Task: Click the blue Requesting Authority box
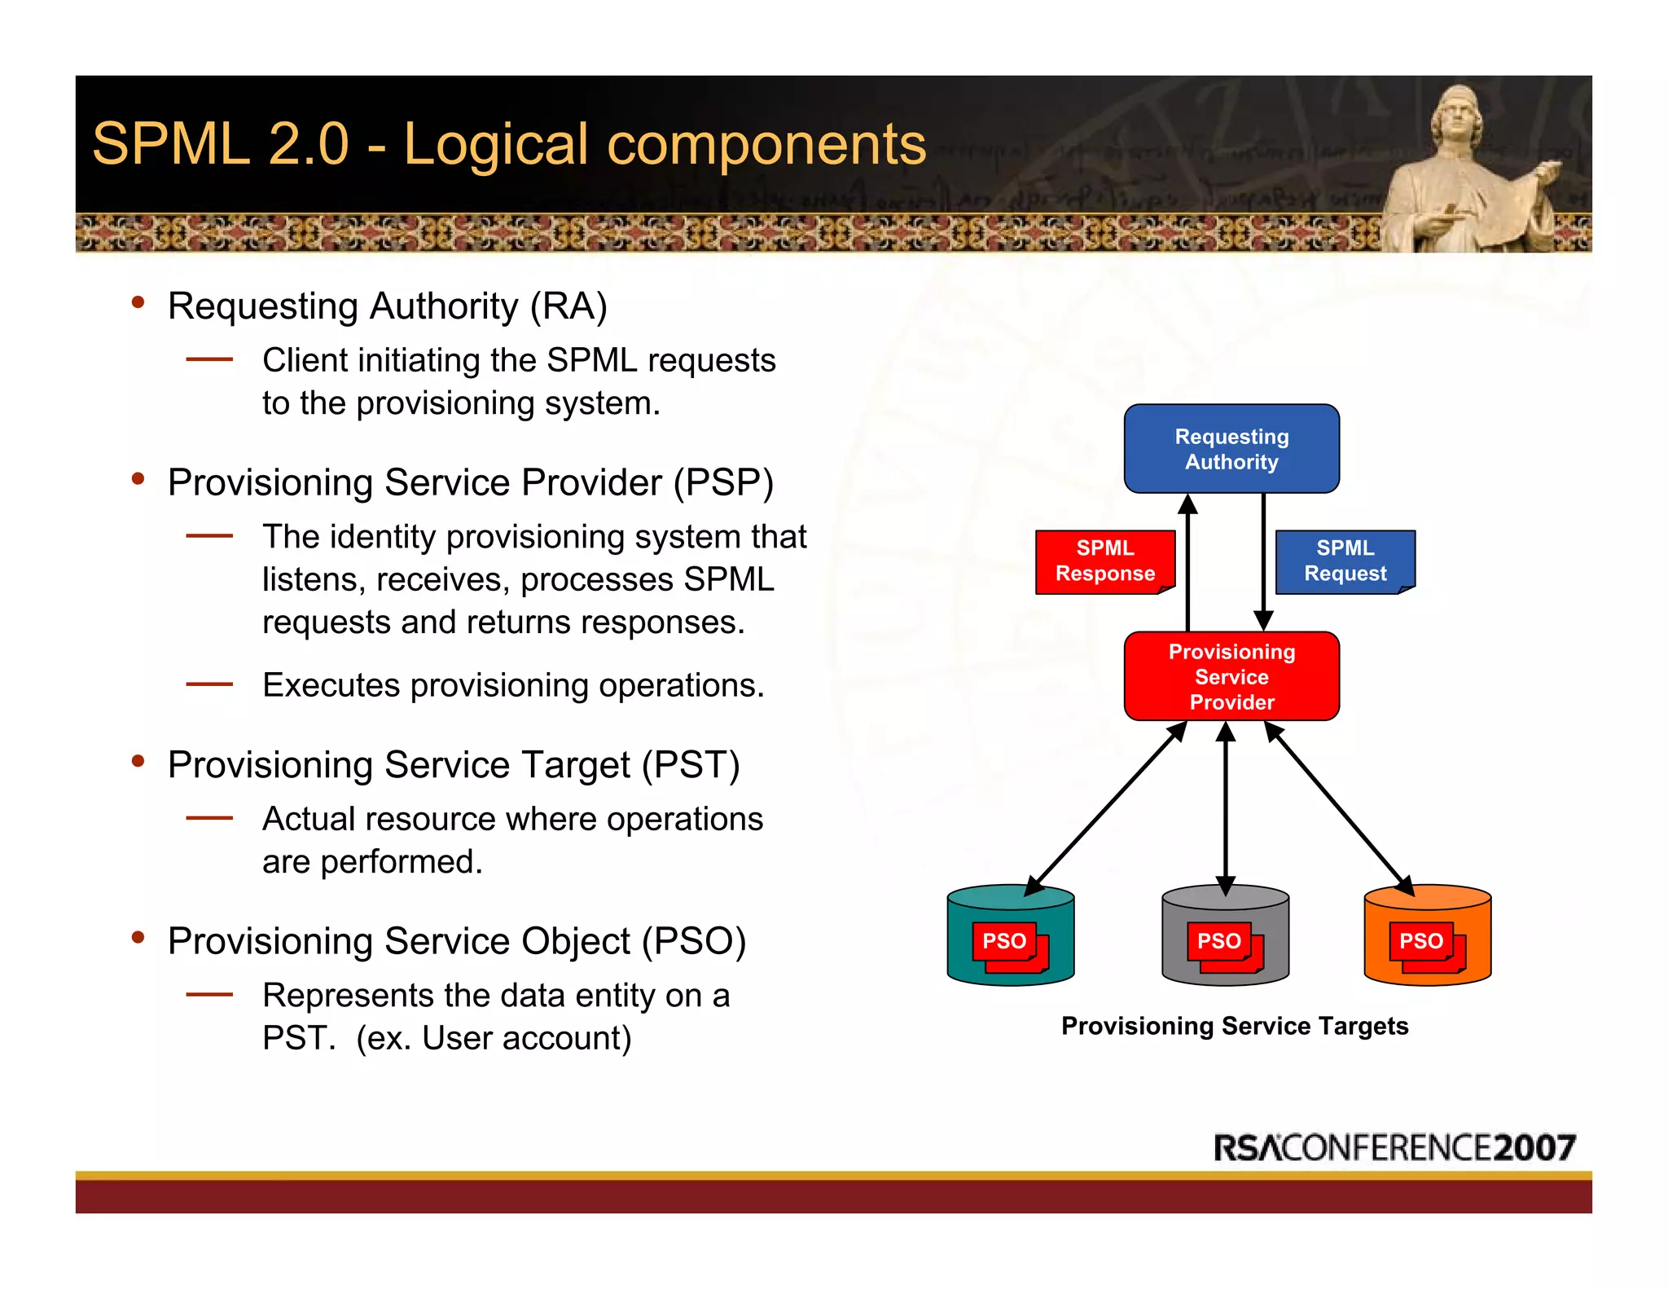pos(1231,448)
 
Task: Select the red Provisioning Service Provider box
pos(1231,676)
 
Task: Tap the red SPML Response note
pos(1104,561)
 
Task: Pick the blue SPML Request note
pos(1345,561)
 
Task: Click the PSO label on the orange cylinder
pos(1420,941)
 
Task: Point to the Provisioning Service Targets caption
pos(1234,1026)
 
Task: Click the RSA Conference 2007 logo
pos(1394,1147)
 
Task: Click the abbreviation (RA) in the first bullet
pos(568,307)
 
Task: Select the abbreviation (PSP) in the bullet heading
pos(722,483)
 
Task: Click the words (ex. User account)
pos(494,1039)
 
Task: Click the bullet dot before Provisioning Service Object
pos(138,938)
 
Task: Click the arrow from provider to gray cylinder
pos(1225,807)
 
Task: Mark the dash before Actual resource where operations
pos(209,818)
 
